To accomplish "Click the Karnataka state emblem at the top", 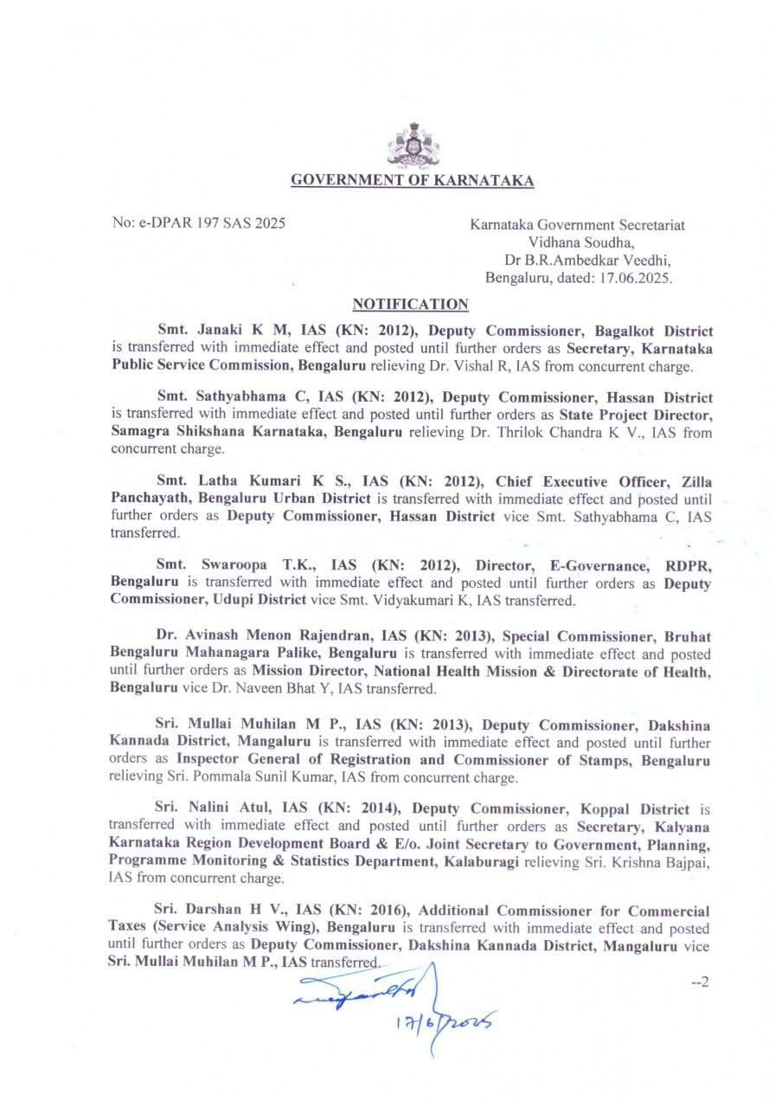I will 413,145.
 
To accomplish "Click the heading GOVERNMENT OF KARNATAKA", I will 412,181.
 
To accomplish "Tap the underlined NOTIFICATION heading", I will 411,304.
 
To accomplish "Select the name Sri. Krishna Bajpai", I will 656,861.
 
